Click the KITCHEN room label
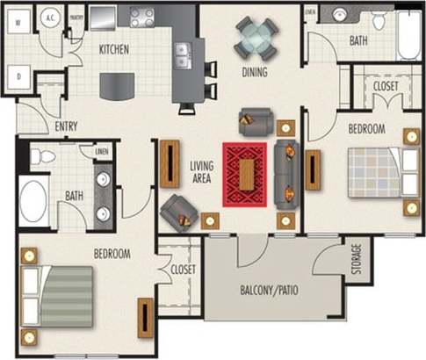[115, 49]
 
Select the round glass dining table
[256, 38]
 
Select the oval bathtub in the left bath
[34, 199]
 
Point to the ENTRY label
[67, 126]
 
